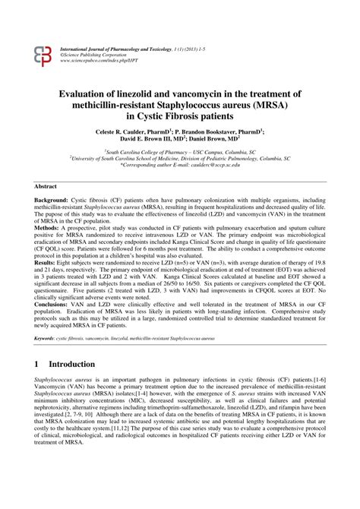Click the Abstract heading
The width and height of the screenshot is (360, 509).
tap(48, 186)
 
